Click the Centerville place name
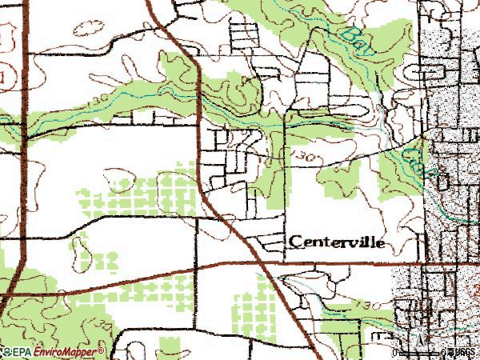337,241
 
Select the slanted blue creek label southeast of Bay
415,155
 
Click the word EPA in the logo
22,351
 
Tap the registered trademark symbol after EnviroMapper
102,350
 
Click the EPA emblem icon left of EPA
6,351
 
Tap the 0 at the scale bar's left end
396,352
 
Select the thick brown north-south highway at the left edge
24,160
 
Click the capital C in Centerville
294,241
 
